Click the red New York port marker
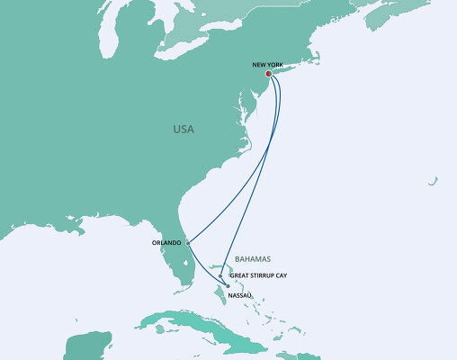click(x=268, y=75)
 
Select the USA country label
click(x=183, y=130)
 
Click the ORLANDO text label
click(x=167, y=242)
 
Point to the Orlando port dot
click(x=188, y=242)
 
